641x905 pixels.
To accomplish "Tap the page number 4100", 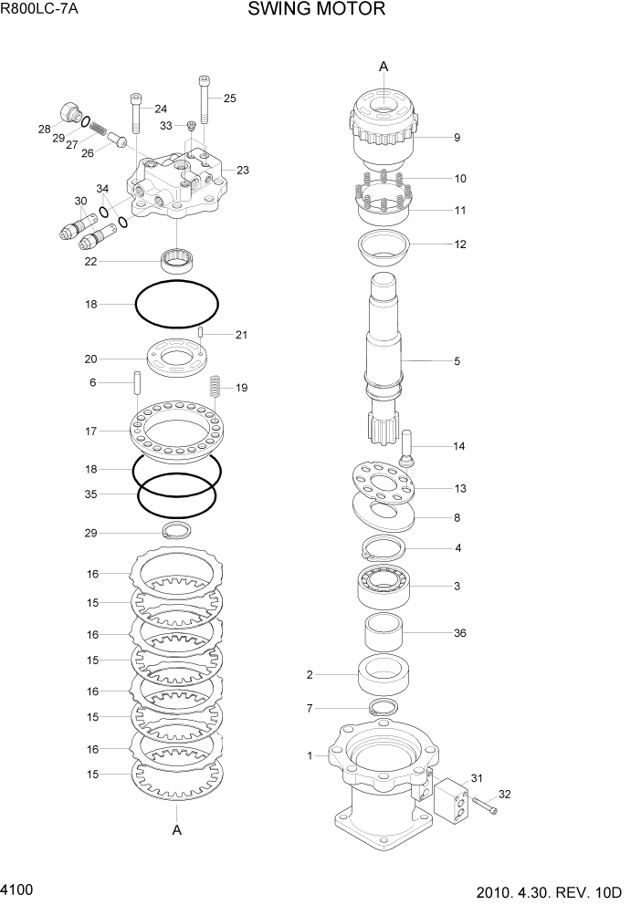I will pos(18,889).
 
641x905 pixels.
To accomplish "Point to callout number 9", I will pos(457,139).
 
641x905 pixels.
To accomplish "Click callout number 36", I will pos(460,633).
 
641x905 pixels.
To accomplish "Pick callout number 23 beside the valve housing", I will pos(243,171).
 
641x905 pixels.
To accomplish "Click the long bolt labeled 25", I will pos(205,99).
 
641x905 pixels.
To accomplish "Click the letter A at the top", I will pos(384,67).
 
